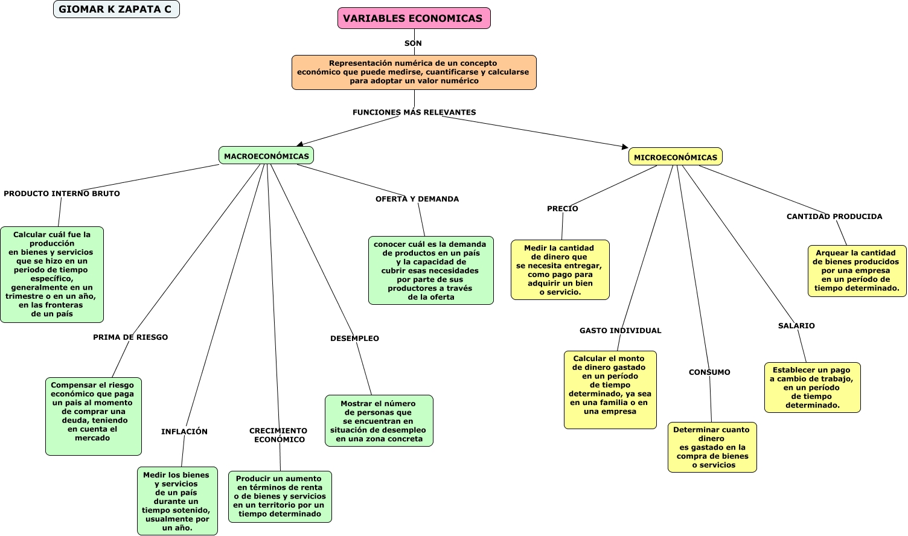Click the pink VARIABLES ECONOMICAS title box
point(414,18)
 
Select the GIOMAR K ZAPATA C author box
point(116,10)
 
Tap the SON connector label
point(413,43)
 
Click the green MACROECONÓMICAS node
point(266,156)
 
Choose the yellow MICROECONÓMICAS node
point(675,157)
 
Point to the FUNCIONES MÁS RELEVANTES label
point(414,112)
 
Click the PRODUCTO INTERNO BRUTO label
point(62,194)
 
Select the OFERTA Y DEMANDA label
point(417,199)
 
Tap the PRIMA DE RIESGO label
point(130,337)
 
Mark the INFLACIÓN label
point(184,432)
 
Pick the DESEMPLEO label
point(354,339)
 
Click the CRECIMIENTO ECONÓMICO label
point(278,435)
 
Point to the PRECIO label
point(562,209)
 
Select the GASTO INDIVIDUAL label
point(620,331)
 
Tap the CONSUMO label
point(709,372)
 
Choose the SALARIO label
point(796,326)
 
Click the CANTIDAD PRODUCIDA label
point(834,217)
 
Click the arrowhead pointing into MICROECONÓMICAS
point(625,147)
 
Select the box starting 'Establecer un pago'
point(812,388)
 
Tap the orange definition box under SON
point(414,72)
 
